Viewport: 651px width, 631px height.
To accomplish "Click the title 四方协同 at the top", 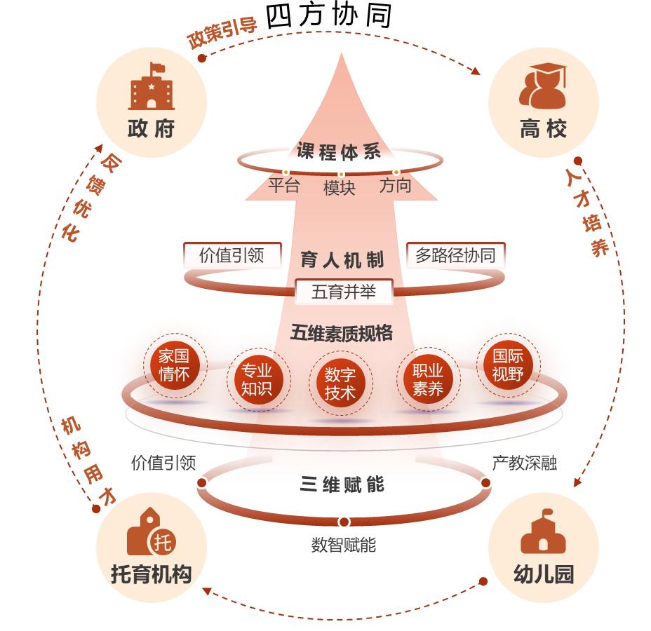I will tap(329, 16).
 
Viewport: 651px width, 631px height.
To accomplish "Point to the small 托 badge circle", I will tap(163, 542).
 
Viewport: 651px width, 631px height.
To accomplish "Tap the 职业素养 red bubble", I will tap(427, 379).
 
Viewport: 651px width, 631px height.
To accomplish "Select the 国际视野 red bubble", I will tap(508, 365).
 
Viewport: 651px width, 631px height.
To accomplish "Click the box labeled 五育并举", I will tap(343, 292).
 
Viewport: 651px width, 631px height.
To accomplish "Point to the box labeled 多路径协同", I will tap(455, 255).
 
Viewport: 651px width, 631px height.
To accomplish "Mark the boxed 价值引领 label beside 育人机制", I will tap(231, 255).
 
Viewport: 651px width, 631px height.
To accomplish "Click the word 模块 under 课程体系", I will tap(339, 188).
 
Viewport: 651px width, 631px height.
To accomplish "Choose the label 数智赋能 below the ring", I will tap(343, 545).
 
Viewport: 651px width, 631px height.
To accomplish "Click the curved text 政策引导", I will tap(222, 32).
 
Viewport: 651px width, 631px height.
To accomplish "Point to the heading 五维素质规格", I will tap(342, 333).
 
